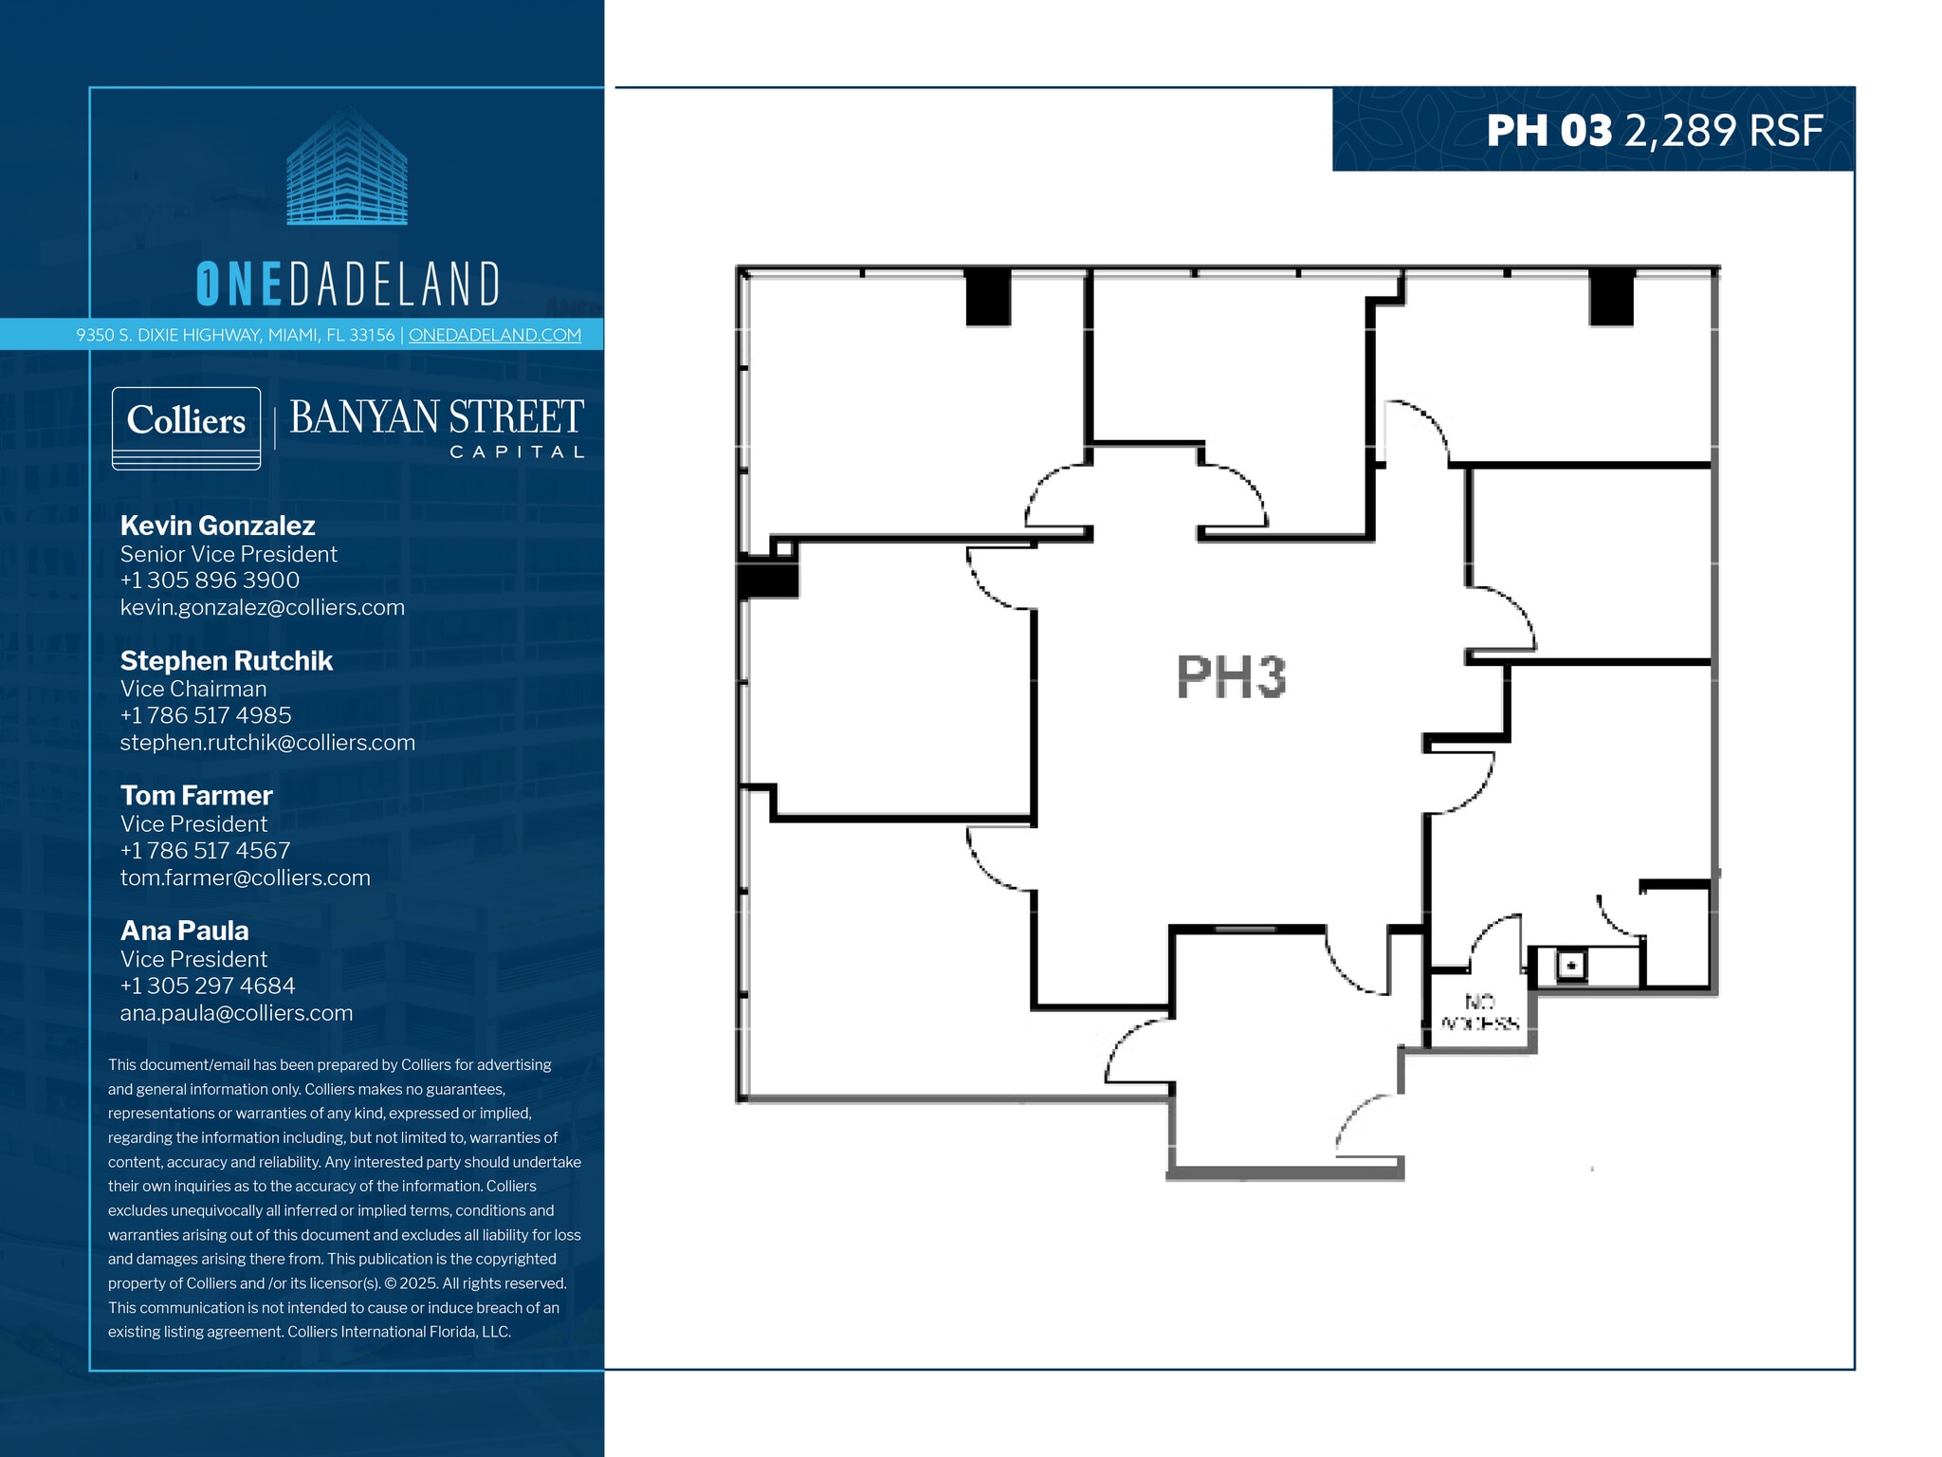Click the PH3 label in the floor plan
(1231, 676)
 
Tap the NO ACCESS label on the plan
(1480, 1012)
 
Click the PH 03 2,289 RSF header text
(1654, 131)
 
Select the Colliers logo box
(186, 427)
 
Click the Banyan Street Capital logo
(436, 428)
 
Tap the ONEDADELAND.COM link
(494, 335)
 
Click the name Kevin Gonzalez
(217, 526)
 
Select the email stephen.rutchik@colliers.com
(267, 743)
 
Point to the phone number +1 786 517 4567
(205, 851)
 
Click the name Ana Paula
(184, 931)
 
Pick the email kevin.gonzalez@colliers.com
(262, 607)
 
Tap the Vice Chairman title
(193, 689)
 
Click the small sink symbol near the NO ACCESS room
(1571, 966)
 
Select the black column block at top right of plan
(1611, 297)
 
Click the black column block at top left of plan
(988, 297)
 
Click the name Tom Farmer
(196, 796)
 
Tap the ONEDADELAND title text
(347, 284)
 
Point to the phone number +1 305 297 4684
(207, 986)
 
